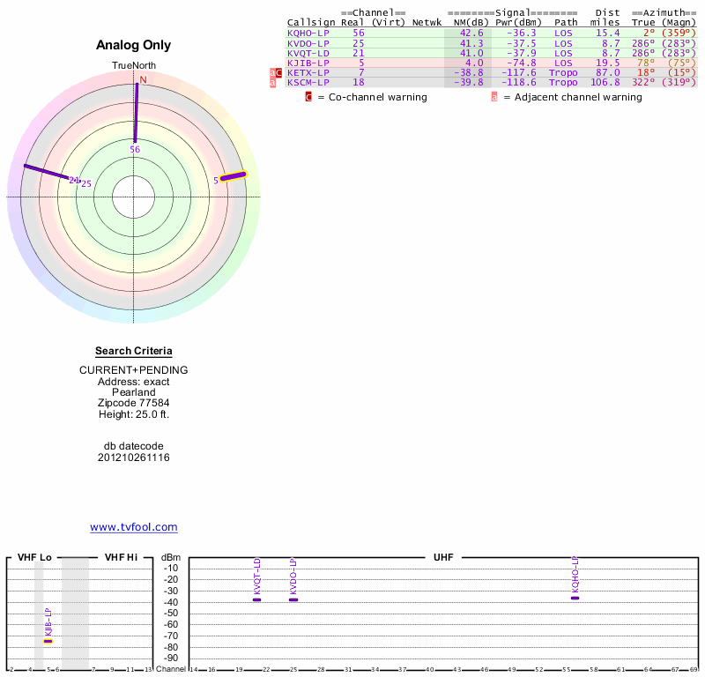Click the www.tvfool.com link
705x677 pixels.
click(x=134, y=527)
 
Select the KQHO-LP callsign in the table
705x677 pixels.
click(x=308, y=33)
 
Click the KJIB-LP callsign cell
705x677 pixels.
click(x=308, y=63)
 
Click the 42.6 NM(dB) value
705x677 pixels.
click(x=468, y=33)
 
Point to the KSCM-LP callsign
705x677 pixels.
click(x=308, y=83)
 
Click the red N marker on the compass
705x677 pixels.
click(x=143, y=79)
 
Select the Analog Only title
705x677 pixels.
click(x=134, y=45)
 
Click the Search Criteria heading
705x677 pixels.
click(x=134, y=351)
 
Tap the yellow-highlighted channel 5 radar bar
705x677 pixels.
click(x=234, y=176)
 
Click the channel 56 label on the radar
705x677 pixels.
click(x=135, y=150)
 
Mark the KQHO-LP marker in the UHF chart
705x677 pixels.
click(x=575, y=598)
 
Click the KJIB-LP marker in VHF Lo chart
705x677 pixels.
click(x=48, y=641)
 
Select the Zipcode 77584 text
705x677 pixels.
click(x=134, y=402)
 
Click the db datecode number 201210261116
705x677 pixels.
click(x=134, y=458)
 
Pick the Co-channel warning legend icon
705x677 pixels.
click(x=308, y=97)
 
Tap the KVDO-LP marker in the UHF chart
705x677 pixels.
click(x=293, y=599)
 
